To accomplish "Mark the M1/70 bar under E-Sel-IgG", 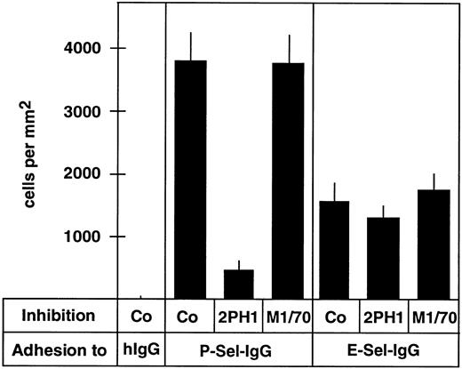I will [x=433, y=245].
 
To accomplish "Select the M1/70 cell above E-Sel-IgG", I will [x=434, y=317].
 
